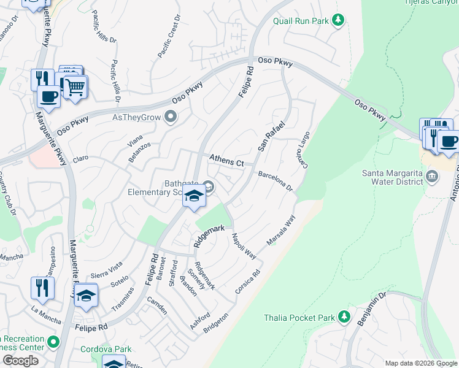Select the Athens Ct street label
point(226,161)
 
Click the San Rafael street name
point(271,137)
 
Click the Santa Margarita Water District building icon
point(433,177)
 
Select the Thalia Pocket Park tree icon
point(344,317)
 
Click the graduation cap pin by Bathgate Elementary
point(195,196)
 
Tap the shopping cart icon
point(75,88)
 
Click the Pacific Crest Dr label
point(169,37)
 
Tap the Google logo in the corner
point(20,361)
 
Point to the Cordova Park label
point(106,349)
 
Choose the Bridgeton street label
point(215,324)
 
